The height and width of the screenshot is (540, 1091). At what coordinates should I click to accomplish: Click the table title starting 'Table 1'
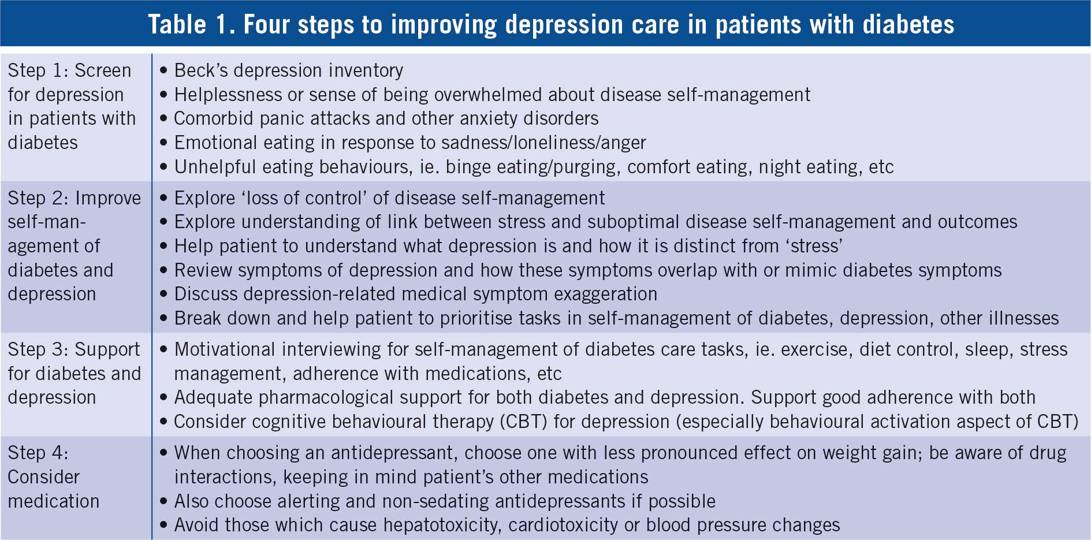click(551, 24)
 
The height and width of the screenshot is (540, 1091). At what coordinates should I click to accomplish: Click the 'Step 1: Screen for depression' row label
click(72, 106)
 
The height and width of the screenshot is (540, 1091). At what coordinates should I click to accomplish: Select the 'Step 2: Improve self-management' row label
click(74, 246)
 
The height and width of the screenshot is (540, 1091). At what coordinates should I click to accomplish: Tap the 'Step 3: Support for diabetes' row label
click(74, 373)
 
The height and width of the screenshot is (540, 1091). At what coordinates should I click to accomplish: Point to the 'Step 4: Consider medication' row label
click(53, 476)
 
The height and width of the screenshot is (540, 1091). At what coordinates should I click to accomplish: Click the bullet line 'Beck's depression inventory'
click(281, 70)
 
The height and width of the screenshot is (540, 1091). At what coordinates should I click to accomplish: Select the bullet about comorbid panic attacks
click(379, 118)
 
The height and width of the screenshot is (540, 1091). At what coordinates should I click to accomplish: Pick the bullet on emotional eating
click(403, 143)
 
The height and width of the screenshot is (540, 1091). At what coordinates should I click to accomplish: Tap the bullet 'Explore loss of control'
click(382, 198)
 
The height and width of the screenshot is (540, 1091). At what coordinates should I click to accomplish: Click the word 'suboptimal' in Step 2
click(636, 222)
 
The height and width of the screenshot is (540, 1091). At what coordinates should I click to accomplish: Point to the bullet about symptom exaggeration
click(408, 294)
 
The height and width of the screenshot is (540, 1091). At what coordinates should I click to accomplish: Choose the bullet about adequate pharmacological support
click(597, 397)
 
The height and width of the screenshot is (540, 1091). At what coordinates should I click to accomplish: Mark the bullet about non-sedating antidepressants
click(437, 501)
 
